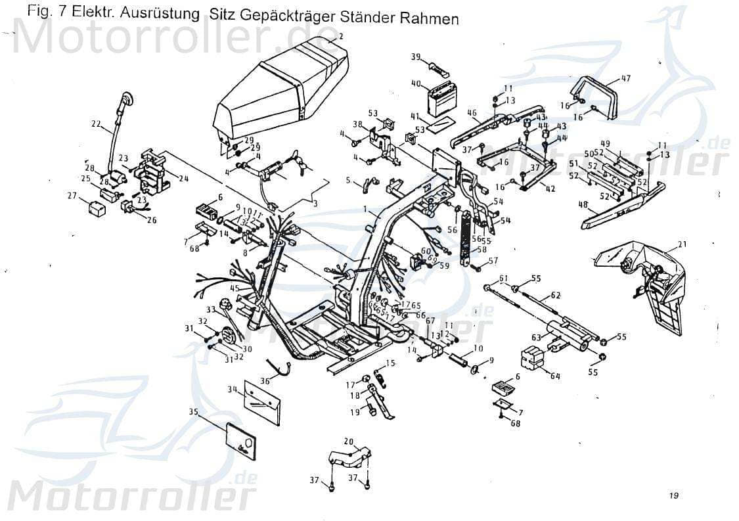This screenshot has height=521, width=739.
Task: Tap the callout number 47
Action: pos(625,78)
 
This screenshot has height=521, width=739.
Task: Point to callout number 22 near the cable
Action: pos(97,123)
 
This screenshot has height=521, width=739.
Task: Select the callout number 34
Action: pos(232,389)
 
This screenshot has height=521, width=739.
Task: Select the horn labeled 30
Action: pos(229,336)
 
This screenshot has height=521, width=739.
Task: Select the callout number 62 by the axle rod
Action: pos(555,295)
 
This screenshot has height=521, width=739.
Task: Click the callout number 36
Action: pos(265,380)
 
